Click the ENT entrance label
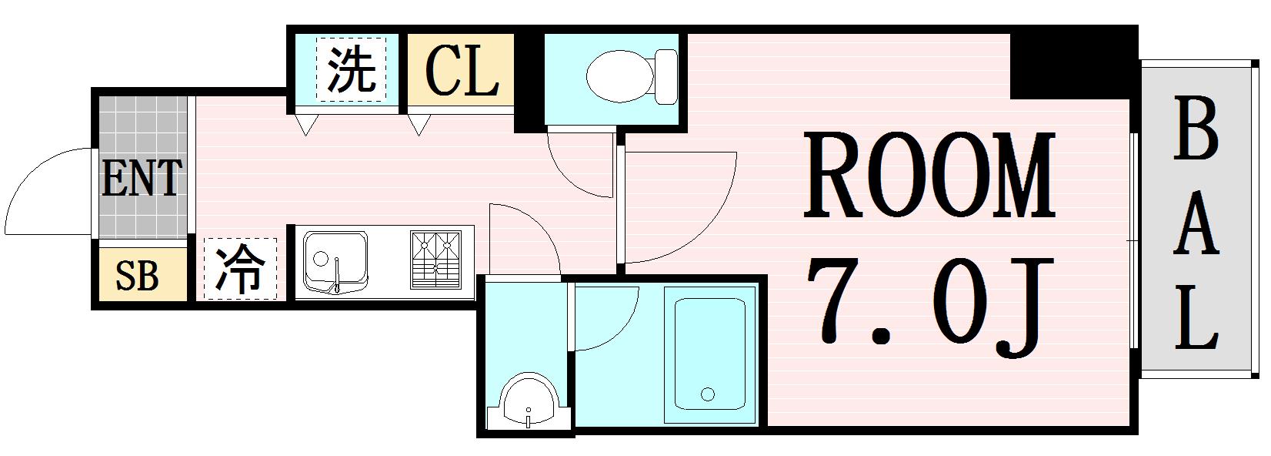(142, 178)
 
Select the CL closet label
(462, 70)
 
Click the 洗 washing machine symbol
(352, 70)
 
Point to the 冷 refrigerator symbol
(240, 269)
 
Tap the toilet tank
(666, 77)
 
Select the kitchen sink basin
(335, 260)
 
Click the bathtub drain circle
(708, 394)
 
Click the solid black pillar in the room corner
(1074, 66)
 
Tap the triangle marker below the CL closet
(419, 124)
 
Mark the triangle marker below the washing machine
(306, 124)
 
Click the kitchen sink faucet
(338, 276)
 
